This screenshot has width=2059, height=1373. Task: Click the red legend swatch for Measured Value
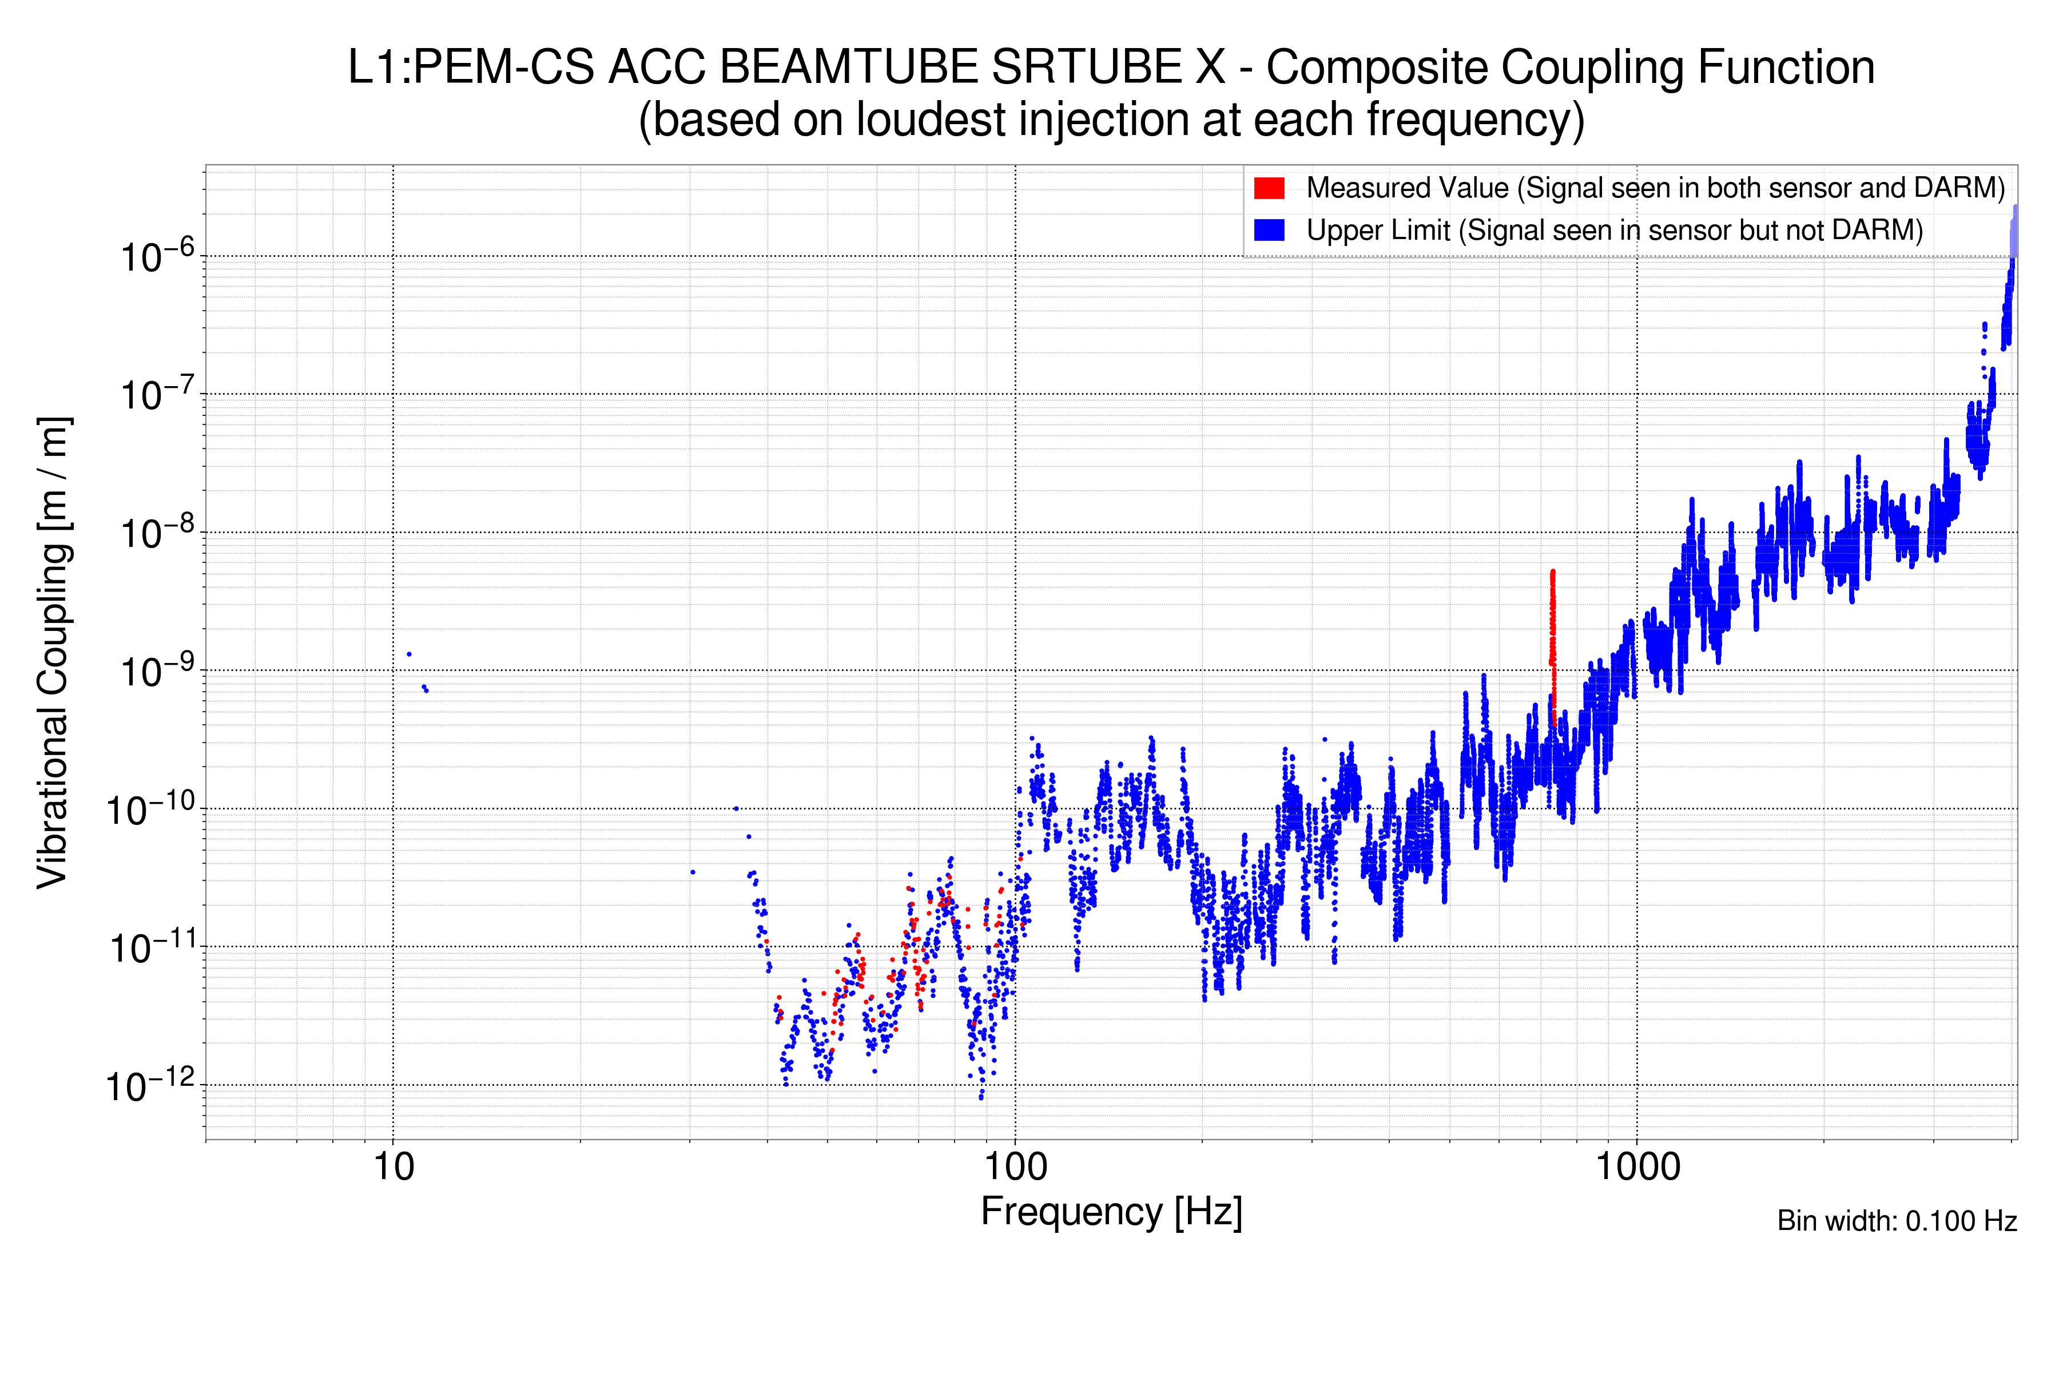coord(1269,188)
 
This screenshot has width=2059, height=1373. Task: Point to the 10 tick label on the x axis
coord(393,1167)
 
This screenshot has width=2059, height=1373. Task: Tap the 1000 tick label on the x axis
coord(1637,1167)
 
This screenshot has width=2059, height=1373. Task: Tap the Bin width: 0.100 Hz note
coord(1896,1221)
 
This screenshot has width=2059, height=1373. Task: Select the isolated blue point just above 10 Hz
coord(409,654)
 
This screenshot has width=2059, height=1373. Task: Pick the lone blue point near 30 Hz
coord(693,872)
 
